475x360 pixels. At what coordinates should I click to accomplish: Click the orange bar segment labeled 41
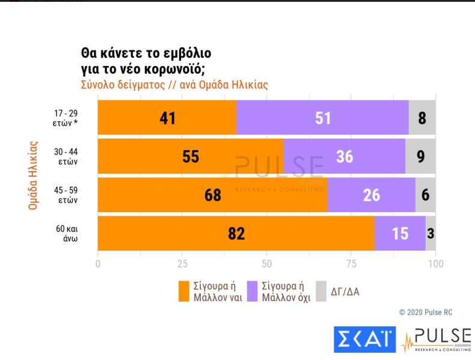click(167, 118)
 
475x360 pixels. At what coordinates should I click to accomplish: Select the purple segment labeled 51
click(322, 118)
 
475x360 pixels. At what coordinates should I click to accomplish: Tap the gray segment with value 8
click(422, 118)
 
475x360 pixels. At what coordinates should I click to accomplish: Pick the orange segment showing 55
click(190, 156)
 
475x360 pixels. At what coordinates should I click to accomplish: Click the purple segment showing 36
click(344, 156)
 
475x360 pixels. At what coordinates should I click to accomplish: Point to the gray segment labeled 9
click(420, 156)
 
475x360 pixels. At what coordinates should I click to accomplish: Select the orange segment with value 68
click(212, 195)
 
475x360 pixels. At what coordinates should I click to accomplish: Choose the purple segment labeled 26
click(371, 195)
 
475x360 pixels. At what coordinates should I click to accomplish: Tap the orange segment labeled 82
click(236, 233)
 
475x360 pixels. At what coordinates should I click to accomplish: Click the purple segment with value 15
click(400, 233)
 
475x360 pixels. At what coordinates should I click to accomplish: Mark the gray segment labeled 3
click(431, 233)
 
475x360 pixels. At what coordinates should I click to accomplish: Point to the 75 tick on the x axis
click(351, 264)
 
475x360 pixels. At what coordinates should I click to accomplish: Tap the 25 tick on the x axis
click(182, 264)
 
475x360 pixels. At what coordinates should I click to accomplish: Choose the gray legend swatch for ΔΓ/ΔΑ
click(321, 291)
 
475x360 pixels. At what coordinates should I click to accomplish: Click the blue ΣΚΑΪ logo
click(365, 339)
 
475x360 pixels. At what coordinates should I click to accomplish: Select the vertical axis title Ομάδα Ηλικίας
click(34, 175)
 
